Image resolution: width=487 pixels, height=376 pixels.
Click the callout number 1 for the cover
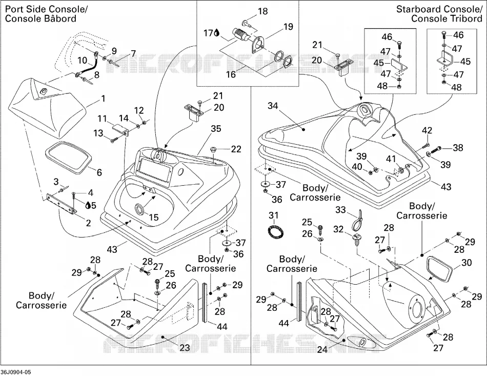[103, 98]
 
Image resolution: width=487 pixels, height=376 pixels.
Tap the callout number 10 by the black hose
[83, 60]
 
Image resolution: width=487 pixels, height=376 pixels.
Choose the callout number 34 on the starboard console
[273, 106]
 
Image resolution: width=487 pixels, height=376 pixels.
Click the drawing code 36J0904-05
[16, 372]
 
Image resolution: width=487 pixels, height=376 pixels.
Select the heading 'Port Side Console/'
[46, 9]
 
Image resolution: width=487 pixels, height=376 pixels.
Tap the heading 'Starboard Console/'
[439, 9]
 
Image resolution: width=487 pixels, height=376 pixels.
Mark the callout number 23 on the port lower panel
[185, 347]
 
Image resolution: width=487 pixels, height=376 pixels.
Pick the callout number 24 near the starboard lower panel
[322, 350]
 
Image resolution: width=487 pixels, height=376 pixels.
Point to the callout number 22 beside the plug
[236, 149]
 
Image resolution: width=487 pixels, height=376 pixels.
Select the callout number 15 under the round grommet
[154, 217]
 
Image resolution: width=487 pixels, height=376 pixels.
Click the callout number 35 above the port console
[216, 128]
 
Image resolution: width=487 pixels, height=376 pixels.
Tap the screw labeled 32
[356, 240]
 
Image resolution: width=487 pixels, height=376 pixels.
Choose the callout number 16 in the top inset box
[231, 74]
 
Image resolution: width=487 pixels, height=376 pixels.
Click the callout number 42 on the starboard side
[427, 130]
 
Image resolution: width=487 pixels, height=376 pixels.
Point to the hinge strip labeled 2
[61, 203]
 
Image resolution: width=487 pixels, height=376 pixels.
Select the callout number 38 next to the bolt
[458, 148]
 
